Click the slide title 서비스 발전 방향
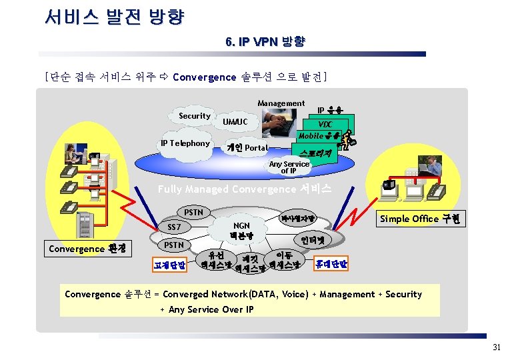[x=114, y=17]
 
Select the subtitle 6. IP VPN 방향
[x=265, y=42]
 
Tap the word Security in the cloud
[x=194, y=116]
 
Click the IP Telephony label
[x=185, y=143]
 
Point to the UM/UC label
[x=235, y=122]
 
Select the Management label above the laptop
[x=281, y=103]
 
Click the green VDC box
[x=325, y=125]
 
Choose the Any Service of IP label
[x=289, y=167]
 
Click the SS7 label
[x=175, y=227]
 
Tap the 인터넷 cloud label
[x=312, y=239]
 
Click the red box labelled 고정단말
[x=169, y=265]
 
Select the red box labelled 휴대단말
[x=331, y=264]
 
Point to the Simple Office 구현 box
[x=419, y=219]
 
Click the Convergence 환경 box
[x=86, y=249]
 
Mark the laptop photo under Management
[x=279, y=125]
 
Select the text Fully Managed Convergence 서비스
[x=244, y=189]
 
